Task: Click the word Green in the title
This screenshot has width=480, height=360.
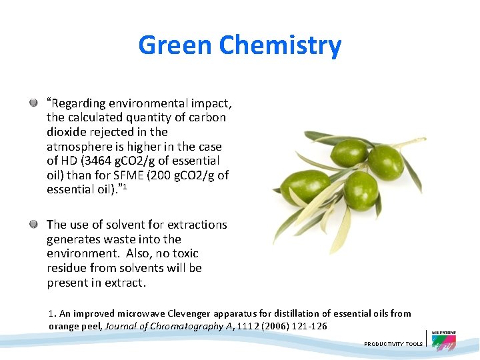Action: (175, 45)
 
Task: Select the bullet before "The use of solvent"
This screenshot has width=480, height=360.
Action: (33, 225)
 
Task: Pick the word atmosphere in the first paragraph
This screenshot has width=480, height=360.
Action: (76, 147)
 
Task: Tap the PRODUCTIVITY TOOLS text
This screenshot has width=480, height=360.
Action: (393, 344)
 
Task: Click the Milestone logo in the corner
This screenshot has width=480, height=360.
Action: (443, 340)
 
